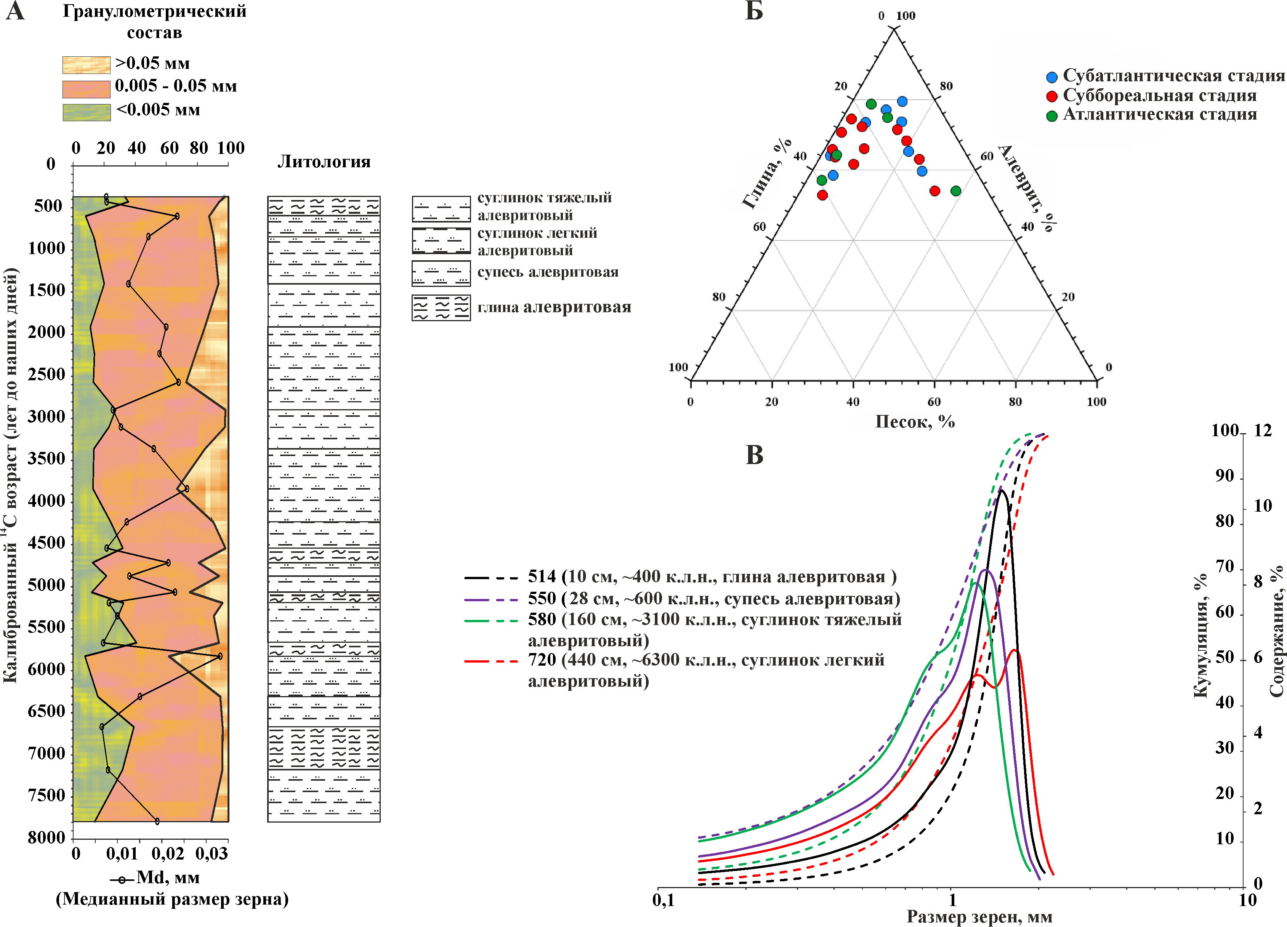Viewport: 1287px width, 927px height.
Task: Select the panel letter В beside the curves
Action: coord(754,455)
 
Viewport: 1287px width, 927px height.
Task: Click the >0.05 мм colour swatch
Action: coord(86,65)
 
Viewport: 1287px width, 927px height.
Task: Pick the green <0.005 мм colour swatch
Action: coord(86,112)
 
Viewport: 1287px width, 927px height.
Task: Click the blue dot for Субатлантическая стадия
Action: coord(1051,77)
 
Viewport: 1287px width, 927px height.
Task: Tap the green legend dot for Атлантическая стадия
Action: coord(1051,116)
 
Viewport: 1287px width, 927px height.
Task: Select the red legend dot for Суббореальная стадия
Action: coord(1051,96)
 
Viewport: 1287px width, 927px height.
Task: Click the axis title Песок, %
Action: coord(915,421)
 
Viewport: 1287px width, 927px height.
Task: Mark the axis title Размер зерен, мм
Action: coord(979,916)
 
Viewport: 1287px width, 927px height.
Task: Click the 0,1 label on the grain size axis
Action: coord(664,900)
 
